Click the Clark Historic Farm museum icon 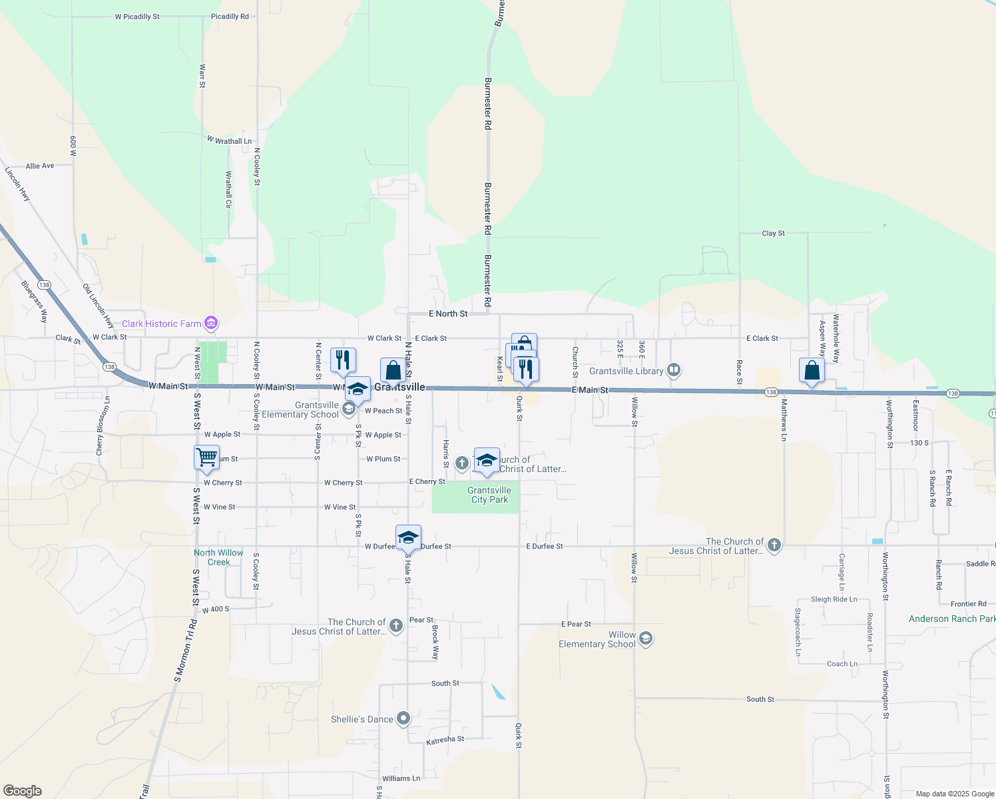(211, 324)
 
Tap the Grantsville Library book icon (674, 370)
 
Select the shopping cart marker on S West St (207, 457)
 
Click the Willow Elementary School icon (645, 639)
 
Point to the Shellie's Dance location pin (403, 719)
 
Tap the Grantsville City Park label (489, 495)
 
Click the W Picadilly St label (137, 17)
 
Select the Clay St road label (773, 233)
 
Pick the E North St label (448, 314)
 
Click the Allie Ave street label (40, 166)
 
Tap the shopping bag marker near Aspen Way (812, 370)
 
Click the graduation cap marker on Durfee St (408, 537)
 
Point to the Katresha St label (445, 740)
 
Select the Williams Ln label (401, 778)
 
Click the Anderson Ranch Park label (951, 619)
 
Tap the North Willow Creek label (218, 557)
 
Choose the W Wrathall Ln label (229, 140)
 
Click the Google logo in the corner (23, 791)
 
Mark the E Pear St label (576, 624)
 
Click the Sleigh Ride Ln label (834, 599)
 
